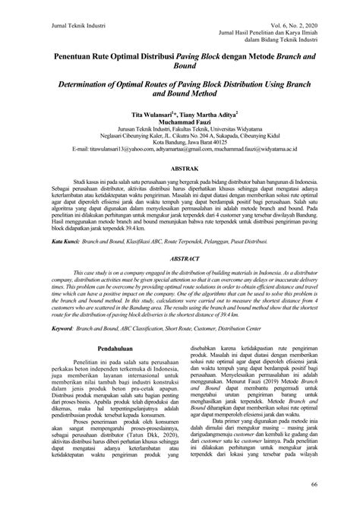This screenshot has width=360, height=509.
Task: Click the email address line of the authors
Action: point(179,151)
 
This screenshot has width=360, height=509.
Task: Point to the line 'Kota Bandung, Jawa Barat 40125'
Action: point(179,144)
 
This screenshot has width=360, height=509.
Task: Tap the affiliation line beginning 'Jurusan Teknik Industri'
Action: point(179,128)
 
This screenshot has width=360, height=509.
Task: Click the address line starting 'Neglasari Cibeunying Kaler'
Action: point(179,136)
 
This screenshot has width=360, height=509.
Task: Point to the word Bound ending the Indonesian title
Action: point(179,67)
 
